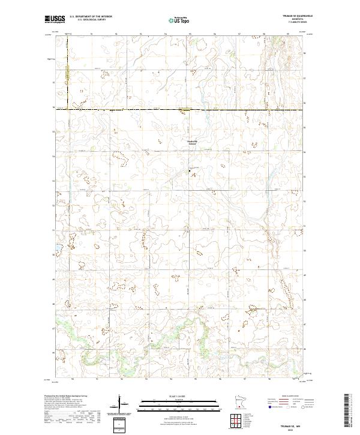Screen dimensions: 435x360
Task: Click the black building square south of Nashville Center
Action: pyautogui.click(x=190, y=171)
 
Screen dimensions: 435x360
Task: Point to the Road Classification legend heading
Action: pyautogui.click(x=292, y=396)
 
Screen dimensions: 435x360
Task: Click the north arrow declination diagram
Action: pyautogui.click(x=122, y=406)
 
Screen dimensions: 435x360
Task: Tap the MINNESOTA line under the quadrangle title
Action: pyautogui.click(x=296, y=20)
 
